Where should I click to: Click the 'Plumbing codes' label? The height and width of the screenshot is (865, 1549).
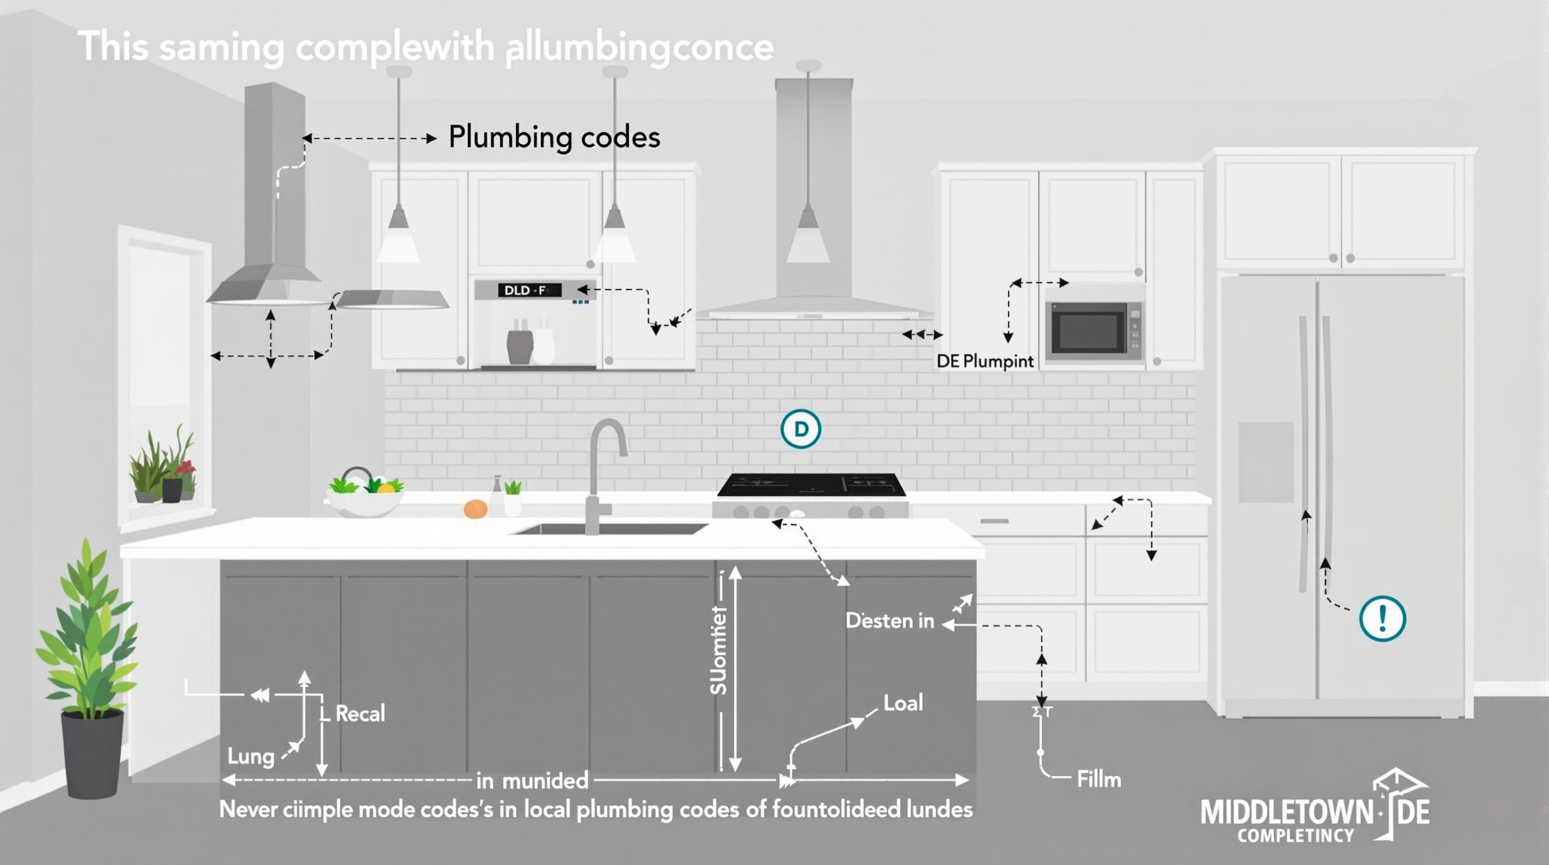554,137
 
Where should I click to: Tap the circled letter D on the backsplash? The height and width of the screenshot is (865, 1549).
801,429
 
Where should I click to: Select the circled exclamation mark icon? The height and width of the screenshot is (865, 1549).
1382,618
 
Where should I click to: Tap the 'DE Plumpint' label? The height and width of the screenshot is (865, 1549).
985,361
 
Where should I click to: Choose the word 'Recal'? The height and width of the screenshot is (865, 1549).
360,714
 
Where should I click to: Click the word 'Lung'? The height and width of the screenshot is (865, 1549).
251,756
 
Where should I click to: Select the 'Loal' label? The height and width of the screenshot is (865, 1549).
903,703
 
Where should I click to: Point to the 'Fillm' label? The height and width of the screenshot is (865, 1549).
1099,779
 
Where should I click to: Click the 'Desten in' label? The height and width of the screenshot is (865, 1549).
889,620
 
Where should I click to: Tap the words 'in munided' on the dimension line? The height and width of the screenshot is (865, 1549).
532,781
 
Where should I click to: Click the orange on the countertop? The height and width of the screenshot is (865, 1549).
476,508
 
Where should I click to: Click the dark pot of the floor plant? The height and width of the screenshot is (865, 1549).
92,753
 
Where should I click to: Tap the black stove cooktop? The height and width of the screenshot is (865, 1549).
811,485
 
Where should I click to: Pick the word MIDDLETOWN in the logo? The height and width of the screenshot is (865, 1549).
1286,812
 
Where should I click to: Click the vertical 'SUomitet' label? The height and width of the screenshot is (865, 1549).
718,651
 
